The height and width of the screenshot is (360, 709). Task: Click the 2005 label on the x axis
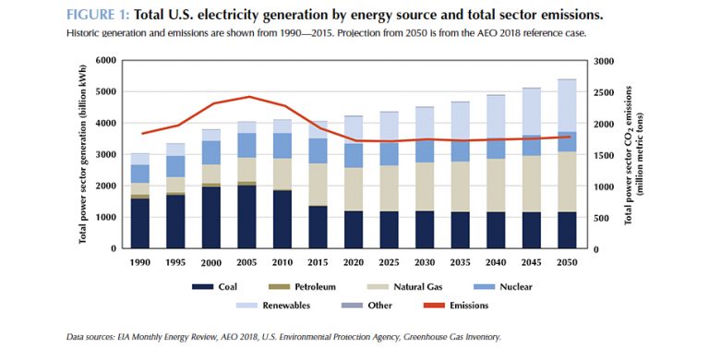pyautogui.click(x=246, y=261)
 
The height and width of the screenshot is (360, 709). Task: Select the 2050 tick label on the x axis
pyautogui.click(x=566, y=261)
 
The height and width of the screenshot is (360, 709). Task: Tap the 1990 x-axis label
pyautogui.click(x=140, y=261)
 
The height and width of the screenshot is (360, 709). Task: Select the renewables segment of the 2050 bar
pyautogui.click(x=566, y=105)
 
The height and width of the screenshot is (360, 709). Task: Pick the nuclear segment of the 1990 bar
pyautogui.click(x=140, y=174)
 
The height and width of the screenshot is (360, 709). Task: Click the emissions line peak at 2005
pyautogui.click(x=246, y=97)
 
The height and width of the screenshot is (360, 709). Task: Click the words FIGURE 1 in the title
pyautogui.click(x=98, y=16)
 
